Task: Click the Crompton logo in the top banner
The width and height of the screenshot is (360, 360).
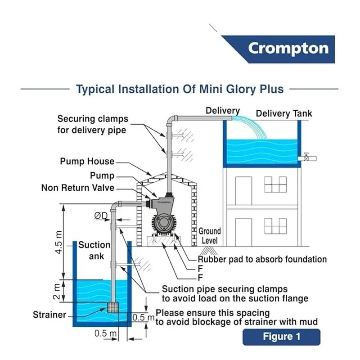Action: pyautogui.click(x=288, y=49)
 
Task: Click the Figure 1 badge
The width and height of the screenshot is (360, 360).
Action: pyautogui.click(x=281, y=337)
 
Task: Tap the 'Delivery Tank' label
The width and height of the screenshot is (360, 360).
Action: pyautogui.click(x=283, y=113)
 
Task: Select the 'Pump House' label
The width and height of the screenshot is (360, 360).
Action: pyautogui.click(x=87, y=162)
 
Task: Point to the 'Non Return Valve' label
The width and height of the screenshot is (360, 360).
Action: pyautogui.click(x=78, y=188)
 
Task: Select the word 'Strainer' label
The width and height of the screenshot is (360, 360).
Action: pyautogui.click(x=49, y=315)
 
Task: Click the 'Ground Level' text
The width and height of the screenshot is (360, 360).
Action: pyautogui.click(x=209, y=236)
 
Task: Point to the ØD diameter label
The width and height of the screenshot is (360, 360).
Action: pyautogui.click(x=101, y=216)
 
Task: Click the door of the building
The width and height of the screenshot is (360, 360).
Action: pyautogui.click(x=243, y=189)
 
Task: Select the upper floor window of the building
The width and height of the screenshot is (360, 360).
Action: pyautogui.click(x=275, y=184)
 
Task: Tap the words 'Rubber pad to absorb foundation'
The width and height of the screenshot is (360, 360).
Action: pyautogui.click(x=262, y=260)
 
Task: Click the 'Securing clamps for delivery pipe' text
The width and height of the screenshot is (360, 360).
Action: pyautogui.click(x=93, y=125)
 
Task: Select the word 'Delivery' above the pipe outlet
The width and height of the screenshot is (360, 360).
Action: pyautogui.click(x=223, y=111)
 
